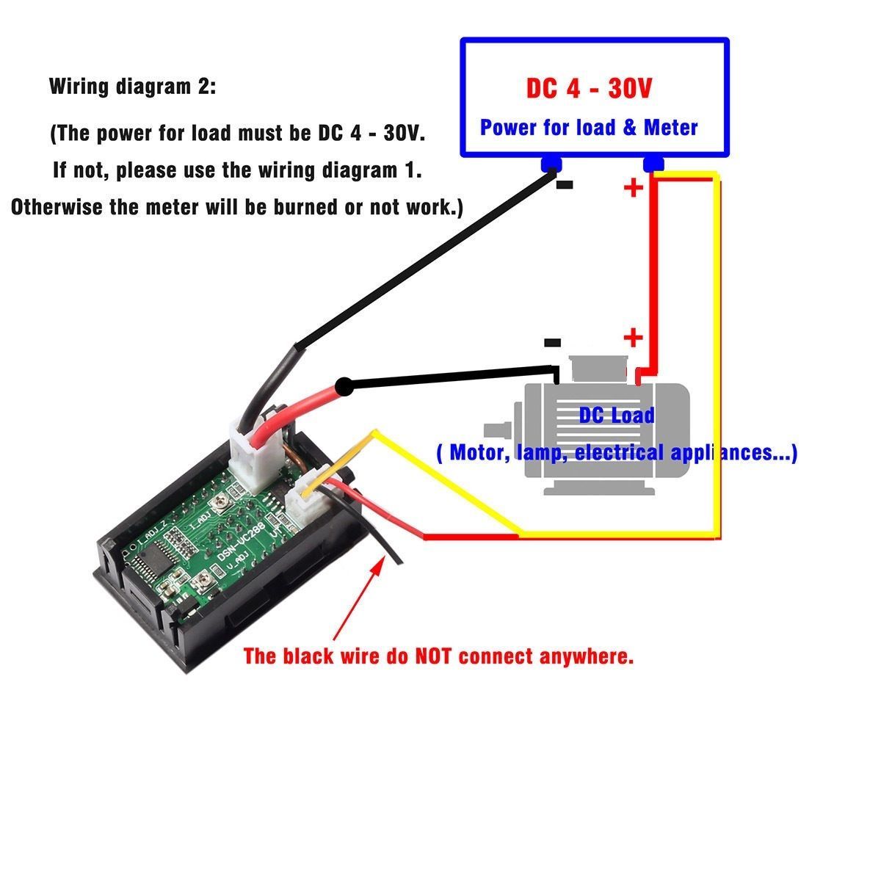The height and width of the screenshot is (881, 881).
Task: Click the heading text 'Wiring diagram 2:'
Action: coord(133,87)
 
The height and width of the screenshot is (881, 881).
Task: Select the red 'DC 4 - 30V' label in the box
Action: coord(589,89)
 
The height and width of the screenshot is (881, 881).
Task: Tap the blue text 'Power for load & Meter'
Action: coord(589,128)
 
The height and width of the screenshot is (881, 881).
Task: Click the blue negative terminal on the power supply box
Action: coord(550,164)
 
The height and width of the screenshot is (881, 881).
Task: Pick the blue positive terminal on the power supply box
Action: coord(653,164)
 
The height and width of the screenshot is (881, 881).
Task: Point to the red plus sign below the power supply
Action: coord(633,188)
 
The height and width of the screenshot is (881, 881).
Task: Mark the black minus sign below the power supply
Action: coord(565,185)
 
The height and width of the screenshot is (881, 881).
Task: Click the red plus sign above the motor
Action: coord(633,338)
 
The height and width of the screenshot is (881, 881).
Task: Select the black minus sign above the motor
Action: coord(552,342)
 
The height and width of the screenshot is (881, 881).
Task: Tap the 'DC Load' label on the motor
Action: coord(616,416)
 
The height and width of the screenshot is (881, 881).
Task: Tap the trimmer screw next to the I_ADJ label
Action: coord(219,503)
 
